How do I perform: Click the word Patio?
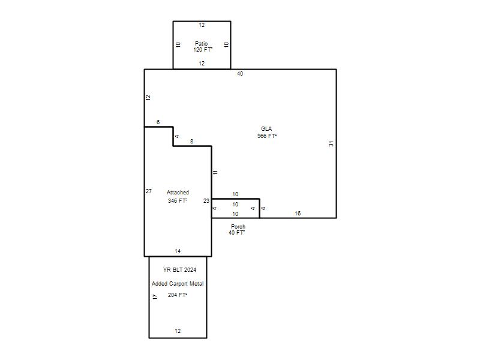(201, 43)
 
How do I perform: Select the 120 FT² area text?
(203, 50)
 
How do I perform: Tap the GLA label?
(266, 128)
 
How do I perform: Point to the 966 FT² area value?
(267, 136)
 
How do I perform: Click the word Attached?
(178, 192)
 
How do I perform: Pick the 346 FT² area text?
(178, 200)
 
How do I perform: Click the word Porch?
(238, 227)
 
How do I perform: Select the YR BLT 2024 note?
(179, 269)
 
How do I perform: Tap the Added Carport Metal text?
(178, 284)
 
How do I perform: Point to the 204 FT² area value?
(178, 295)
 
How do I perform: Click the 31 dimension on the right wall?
(331, 143)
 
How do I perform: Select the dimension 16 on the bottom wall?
(298, 213)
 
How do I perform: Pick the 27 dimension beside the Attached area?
(149, 191)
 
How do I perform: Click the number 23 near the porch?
(206, 200)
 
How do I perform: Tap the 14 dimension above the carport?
(178, 251)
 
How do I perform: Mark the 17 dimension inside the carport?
(155, 296)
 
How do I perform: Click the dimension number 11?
(215, 172)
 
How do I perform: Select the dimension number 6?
(158, 122)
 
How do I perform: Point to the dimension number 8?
(191, 141)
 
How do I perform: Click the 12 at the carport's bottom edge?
(178, 331)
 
